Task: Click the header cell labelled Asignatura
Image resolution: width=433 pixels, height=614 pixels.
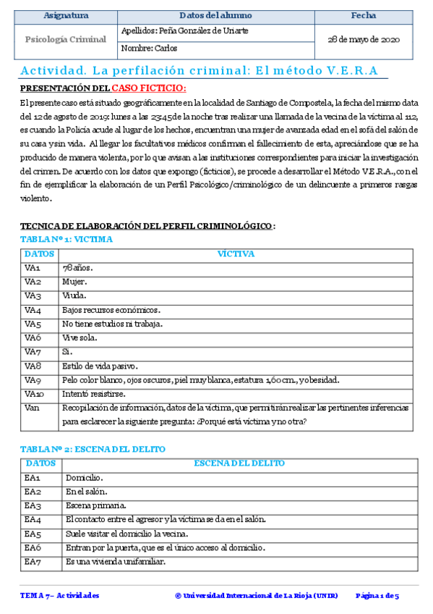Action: pos(67,15)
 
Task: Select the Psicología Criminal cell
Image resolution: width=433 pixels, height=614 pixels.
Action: pos(67,40)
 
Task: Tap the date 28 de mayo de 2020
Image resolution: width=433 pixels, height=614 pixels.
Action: pos(364,40)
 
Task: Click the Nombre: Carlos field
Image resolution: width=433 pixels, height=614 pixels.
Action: pos(150,49)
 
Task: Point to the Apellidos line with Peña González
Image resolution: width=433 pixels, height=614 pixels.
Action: pos(186,32)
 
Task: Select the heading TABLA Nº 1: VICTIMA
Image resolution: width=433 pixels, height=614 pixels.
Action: pos(66,239)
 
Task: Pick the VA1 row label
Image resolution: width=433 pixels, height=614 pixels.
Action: pos(33,268)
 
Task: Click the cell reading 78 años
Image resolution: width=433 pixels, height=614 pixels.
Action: pos(78,268)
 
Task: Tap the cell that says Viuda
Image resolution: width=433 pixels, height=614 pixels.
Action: pos(75,295)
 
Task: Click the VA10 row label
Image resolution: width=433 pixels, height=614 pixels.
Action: pos(34,394)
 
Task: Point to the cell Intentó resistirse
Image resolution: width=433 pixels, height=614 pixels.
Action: pos(94,394)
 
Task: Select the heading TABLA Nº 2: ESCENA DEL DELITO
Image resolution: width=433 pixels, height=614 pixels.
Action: pos(93,450)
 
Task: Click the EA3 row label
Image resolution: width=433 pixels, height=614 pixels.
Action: pos(33,505)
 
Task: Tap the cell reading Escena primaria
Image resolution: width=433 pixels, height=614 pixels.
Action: pos(95,505)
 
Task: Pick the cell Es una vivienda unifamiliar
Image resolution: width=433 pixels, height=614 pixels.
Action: pos(115,562)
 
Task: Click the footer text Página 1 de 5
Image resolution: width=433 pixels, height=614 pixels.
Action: pos(377,596)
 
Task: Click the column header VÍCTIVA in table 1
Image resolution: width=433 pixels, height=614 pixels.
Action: pos(236,254)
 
